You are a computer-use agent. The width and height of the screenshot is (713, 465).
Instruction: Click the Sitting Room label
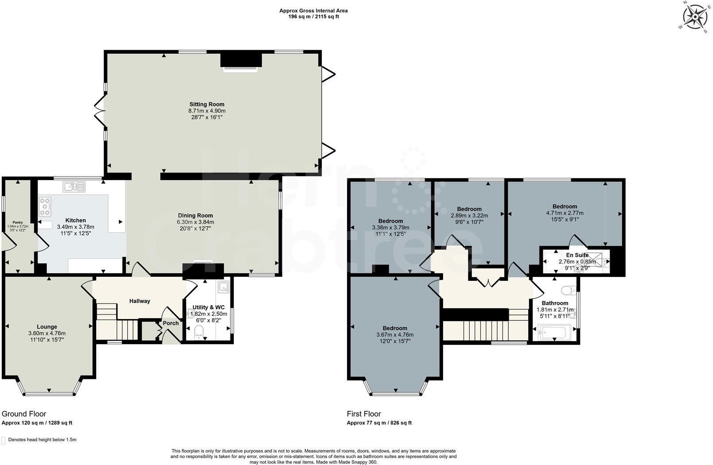206,104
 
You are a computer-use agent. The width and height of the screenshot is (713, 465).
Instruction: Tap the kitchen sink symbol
74,187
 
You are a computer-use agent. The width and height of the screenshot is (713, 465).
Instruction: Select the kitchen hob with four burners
45,207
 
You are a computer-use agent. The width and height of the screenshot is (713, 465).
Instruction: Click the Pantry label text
17,222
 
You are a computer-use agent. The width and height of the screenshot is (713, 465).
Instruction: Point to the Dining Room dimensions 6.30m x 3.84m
195,222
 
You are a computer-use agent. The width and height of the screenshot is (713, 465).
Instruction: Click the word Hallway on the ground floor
140,301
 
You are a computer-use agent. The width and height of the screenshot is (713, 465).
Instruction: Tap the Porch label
171,323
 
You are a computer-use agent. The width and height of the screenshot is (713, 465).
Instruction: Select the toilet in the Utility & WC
199,331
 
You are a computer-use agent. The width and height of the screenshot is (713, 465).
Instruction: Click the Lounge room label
47,327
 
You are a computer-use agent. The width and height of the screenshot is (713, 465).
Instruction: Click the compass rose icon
695,17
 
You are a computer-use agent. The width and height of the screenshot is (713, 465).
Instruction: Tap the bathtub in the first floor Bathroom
554,332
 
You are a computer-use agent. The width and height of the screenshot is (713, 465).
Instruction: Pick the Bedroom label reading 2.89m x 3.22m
469,209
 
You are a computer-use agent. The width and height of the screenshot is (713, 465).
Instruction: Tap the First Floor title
364,414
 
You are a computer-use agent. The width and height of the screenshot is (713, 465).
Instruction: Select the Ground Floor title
24,414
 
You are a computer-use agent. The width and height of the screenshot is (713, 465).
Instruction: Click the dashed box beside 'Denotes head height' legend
4,440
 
